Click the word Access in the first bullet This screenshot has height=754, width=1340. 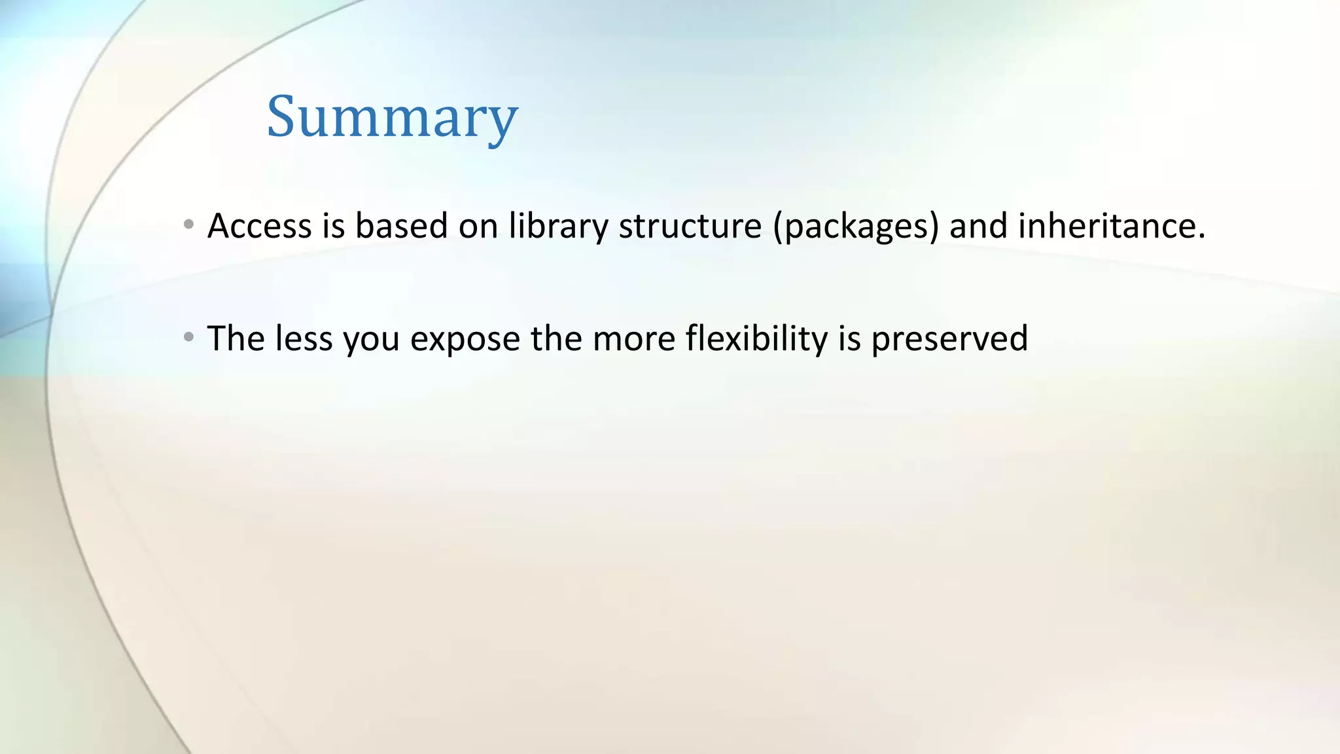tap(259, 226)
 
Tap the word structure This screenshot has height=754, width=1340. tap(690, 226)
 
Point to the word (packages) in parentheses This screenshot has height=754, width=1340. tap(855, 226)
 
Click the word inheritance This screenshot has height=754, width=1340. tap(1110, 226)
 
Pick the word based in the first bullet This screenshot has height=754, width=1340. tap(401, 226)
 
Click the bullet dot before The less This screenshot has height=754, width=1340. tap(188, 338)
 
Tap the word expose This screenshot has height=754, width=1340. tap(465, 340)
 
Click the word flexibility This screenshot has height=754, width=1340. tap(756, 339)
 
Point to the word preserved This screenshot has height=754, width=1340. tap(949, 339)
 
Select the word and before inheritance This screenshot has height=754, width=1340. tap(978, 226)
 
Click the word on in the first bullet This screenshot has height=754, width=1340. tap(478, 226)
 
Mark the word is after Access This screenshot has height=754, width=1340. tap(333, 226)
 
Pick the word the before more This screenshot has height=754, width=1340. tap(556, 338)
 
